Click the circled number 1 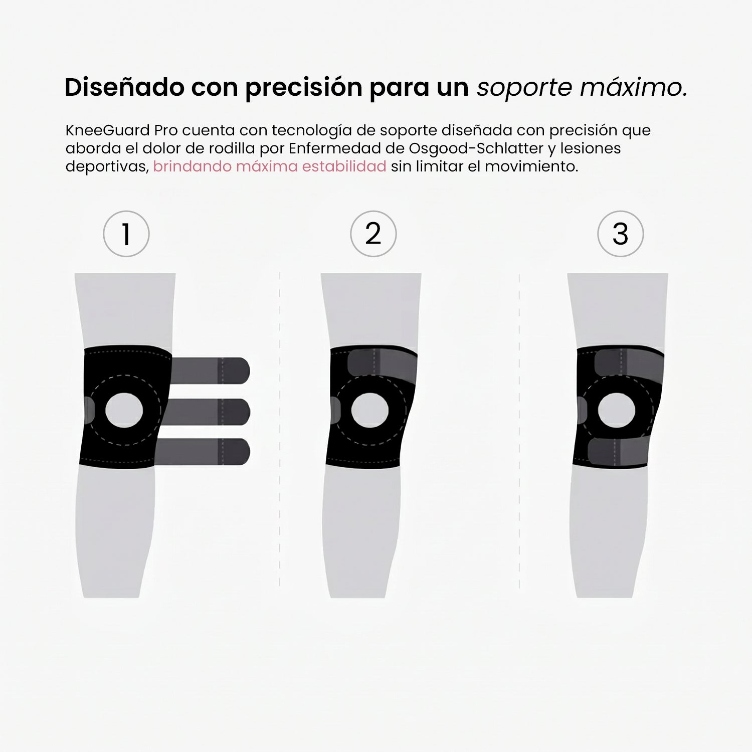point(126,234)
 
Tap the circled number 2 point(373,234)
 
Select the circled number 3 point(620,234)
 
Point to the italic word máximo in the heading point(633,87)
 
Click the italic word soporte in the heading point(524,88)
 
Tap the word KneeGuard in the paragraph point(107,130)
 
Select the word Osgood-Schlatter point(476,148)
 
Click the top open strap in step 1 point(211,370)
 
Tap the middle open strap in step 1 point(211,412)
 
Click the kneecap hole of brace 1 point(124,410)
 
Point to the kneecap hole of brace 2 point(370,410)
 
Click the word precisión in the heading point(303,88)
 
